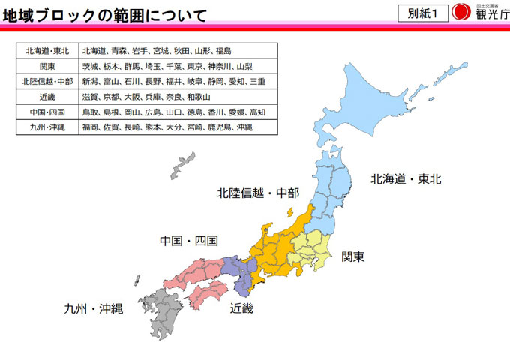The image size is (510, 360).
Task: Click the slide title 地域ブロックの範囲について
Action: [104, 13]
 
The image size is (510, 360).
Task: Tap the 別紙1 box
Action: [422, 13]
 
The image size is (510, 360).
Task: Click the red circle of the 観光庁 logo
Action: [461, 13]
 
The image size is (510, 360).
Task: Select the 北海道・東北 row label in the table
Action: [47, 52]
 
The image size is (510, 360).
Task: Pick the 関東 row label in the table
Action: [47, 67]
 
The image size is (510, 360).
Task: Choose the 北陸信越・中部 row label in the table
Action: [47, 82]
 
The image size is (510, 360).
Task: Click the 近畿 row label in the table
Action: [47, 97]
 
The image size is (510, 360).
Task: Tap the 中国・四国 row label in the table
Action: [47, 112]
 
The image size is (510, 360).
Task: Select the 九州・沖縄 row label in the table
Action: [47, 127]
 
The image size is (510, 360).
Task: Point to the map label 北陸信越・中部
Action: [258, 192]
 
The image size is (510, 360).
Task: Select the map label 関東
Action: [353, 256]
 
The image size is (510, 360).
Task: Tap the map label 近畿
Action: [242, 307]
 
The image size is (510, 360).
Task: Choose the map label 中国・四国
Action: [188, 241]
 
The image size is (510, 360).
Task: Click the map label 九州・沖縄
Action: [93, 307]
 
